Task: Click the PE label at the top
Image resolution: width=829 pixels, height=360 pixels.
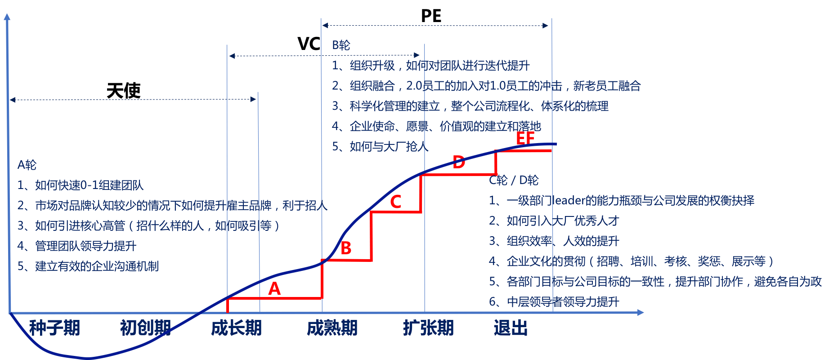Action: point(431,16)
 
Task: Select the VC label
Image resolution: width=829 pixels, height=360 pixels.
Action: point(309,44)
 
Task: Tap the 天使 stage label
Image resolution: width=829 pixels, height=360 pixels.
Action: point(124,91)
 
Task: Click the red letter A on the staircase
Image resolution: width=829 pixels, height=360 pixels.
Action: point(274,288)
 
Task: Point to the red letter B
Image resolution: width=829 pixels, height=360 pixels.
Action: point(346,248)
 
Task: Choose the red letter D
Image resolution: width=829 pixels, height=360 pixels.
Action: point(458,162)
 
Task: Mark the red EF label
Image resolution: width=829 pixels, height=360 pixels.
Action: point(525,138)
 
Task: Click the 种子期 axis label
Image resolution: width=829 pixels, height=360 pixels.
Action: point(54,328)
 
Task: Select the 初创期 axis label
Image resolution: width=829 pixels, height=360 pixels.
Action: point(145,328)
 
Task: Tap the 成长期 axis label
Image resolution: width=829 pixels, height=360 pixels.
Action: point(236,328)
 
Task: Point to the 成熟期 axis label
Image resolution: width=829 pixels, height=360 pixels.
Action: point(332,328)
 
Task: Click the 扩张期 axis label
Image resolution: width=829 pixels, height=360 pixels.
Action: point(428,328)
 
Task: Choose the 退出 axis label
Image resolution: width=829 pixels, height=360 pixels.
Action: point(511,328)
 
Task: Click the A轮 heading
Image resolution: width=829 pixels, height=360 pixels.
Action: point(27,165)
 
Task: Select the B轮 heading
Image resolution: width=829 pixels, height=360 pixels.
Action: point(341,45)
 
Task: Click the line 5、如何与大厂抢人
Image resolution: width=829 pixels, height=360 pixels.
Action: point(380,147)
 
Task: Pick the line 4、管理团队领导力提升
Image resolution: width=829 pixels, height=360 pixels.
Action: point(77,246)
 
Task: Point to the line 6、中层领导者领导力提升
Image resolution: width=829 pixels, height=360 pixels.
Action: point(554,302)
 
